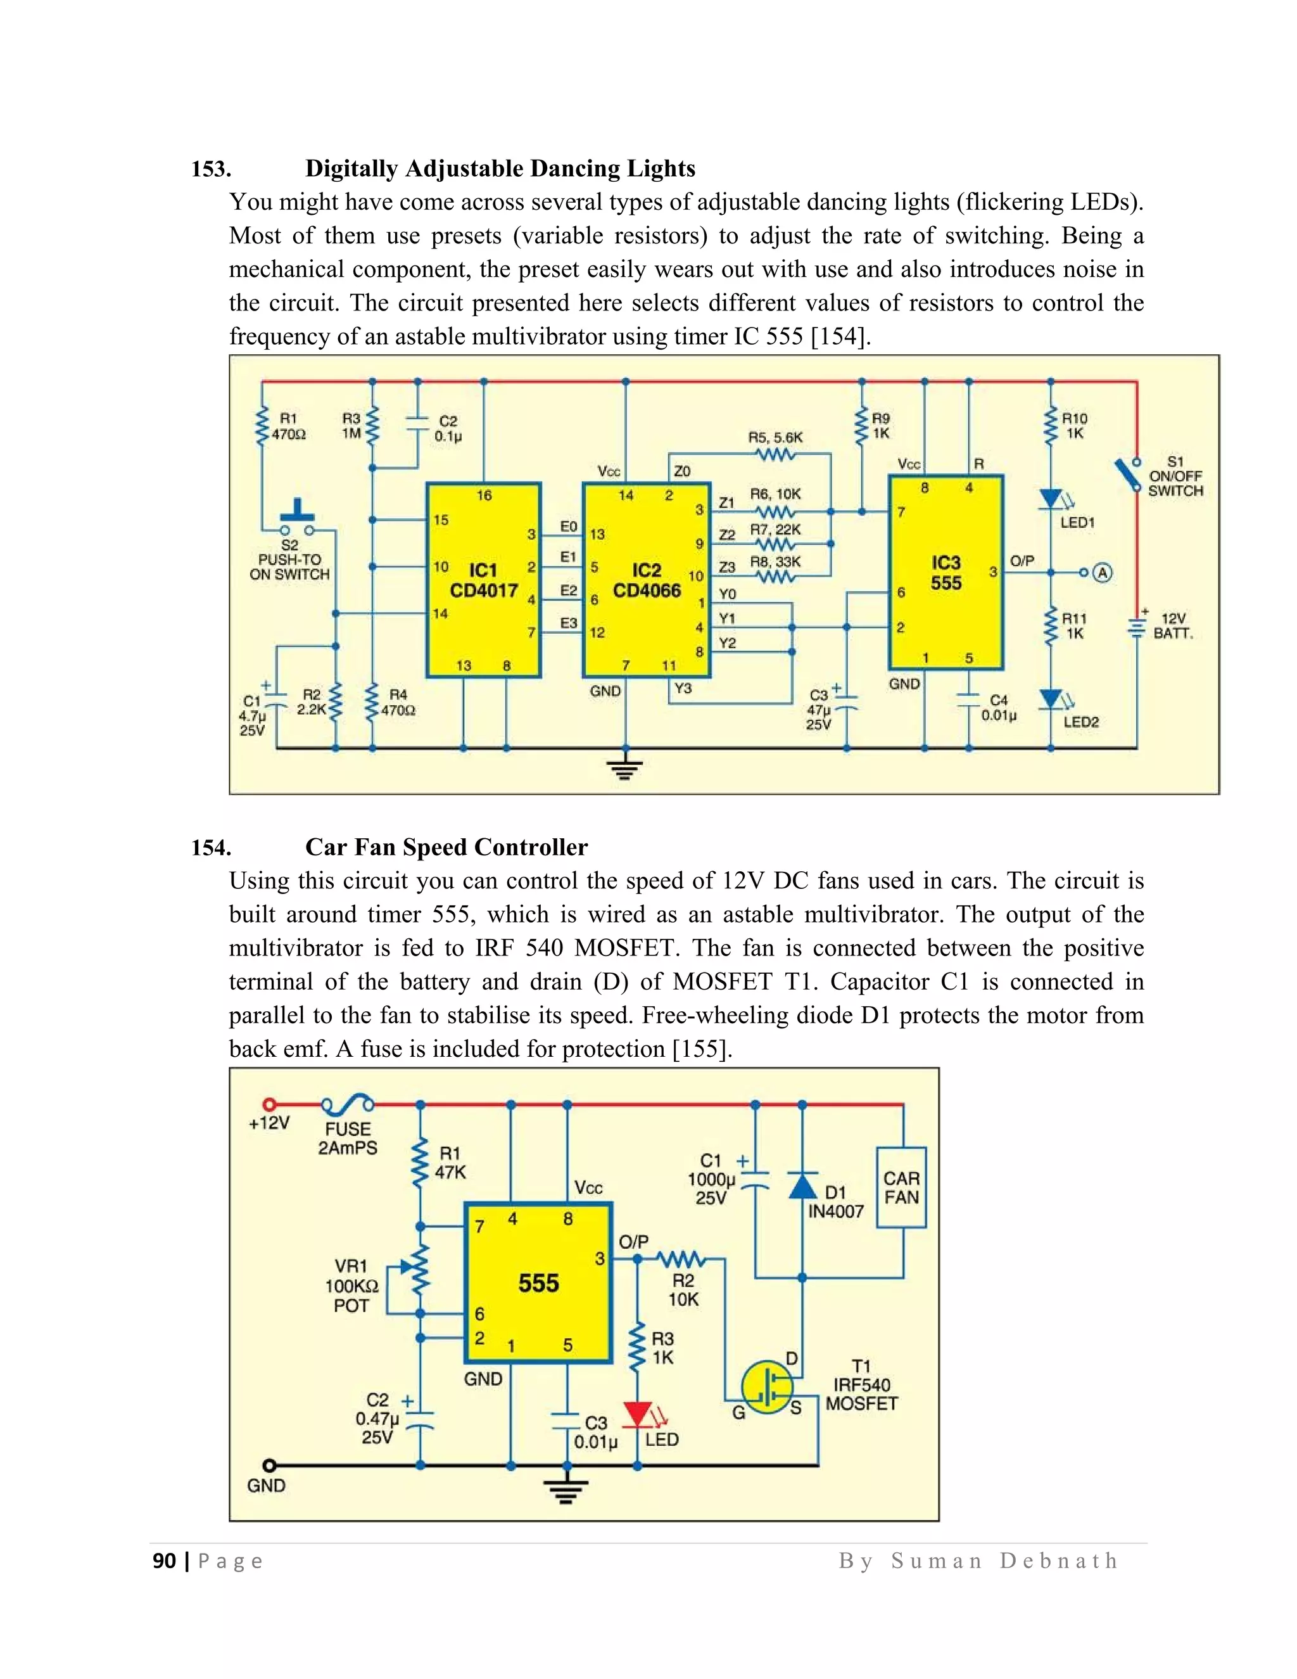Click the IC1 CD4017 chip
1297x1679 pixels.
coord(483,580)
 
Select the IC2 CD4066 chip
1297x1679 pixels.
coord(646,580)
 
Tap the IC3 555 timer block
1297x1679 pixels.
coord(946,573)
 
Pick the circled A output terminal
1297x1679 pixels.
coord(1102,573)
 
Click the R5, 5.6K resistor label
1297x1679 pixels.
coord(775,437)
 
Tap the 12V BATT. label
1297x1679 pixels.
coord(1174,626)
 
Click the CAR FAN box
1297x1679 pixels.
coord(901,1188)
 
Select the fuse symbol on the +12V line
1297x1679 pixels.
coord(347,1106)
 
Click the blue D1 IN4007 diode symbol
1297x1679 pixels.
coord(803,1186)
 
